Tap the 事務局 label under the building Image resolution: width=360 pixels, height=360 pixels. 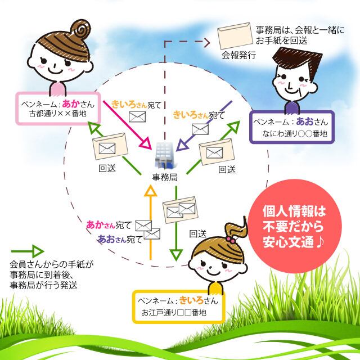[165, 178]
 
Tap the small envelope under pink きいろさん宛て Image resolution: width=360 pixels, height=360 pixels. [137, 117]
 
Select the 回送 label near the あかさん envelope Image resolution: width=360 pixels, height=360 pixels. [106, 169]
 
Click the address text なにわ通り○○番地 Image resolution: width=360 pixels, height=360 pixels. [291, 134]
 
